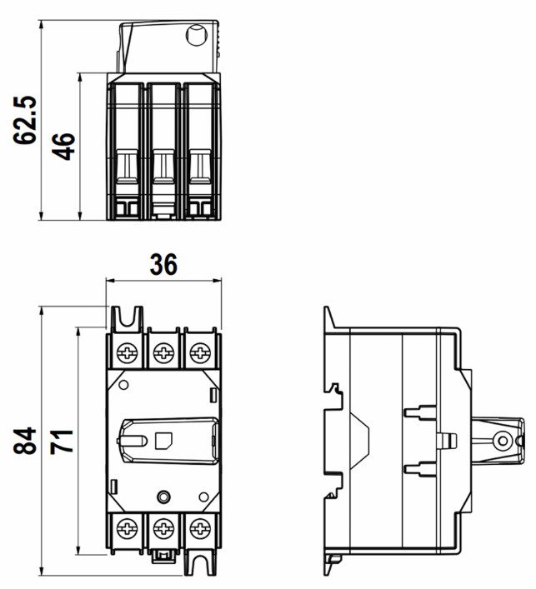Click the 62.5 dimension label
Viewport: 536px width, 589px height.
pos(25,120)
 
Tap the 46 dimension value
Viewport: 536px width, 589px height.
pos(63,146)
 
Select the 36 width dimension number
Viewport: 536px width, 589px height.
pos(163,264)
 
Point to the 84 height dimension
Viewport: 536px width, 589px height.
pos(25,441)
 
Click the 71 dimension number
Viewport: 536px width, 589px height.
pos(62,441)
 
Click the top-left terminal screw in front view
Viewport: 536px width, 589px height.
pos(127,353)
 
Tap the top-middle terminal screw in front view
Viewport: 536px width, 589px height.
pos(164,353)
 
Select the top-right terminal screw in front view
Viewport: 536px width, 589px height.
pos(200,353)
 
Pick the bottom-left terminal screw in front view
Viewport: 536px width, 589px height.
pos(127,529)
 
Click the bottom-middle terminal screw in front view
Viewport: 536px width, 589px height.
pos(164,529)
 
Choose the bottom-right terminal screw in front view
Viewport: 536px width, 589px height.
pos(200,529)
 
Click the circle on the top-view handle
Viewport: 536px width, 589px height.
pos(197,35)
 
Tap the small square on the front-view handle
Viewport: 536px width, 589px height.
pos(164,440)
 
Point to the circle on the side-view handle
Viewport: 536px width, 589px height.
pos(502,441)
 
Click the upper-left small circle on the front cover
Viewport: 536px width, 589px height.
pos(123,385)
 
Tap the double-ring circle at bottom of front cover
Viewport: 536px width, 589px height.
pos(163,497)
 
